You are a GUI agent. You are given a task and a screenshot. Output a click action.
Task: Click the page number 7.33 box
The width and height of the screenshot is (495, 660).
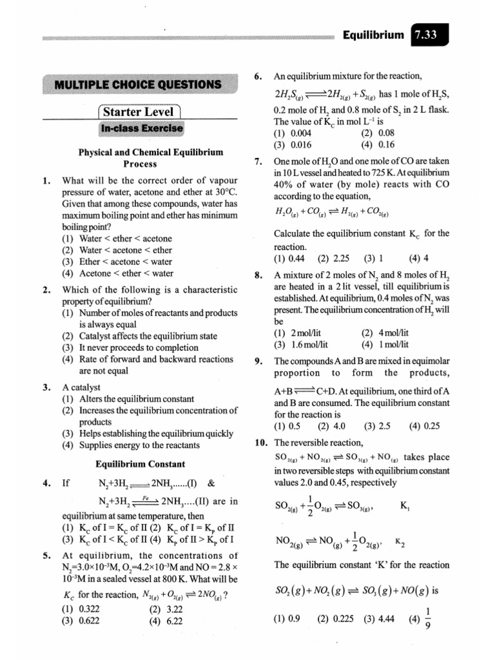click(427, 36)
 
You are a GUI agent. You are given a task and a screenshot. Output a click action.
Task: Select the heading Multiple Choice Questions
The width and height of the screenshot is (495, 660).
click(138, 84)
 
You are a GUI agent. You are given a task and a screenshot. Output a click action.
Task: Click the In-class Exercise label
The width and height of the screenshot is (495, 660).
click(141, 129)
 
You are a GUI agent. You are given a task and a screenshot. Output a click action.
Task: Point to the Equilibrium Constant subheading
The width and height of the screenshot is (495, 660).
click(141, 464)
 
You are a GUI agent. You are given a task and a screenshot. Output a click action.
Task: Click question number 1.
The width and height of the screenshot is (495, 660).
click(46, 180)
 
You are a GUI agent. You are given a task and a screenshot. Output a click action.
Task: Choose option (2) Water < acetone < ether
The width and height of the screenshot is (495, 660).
click(117, 250)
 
